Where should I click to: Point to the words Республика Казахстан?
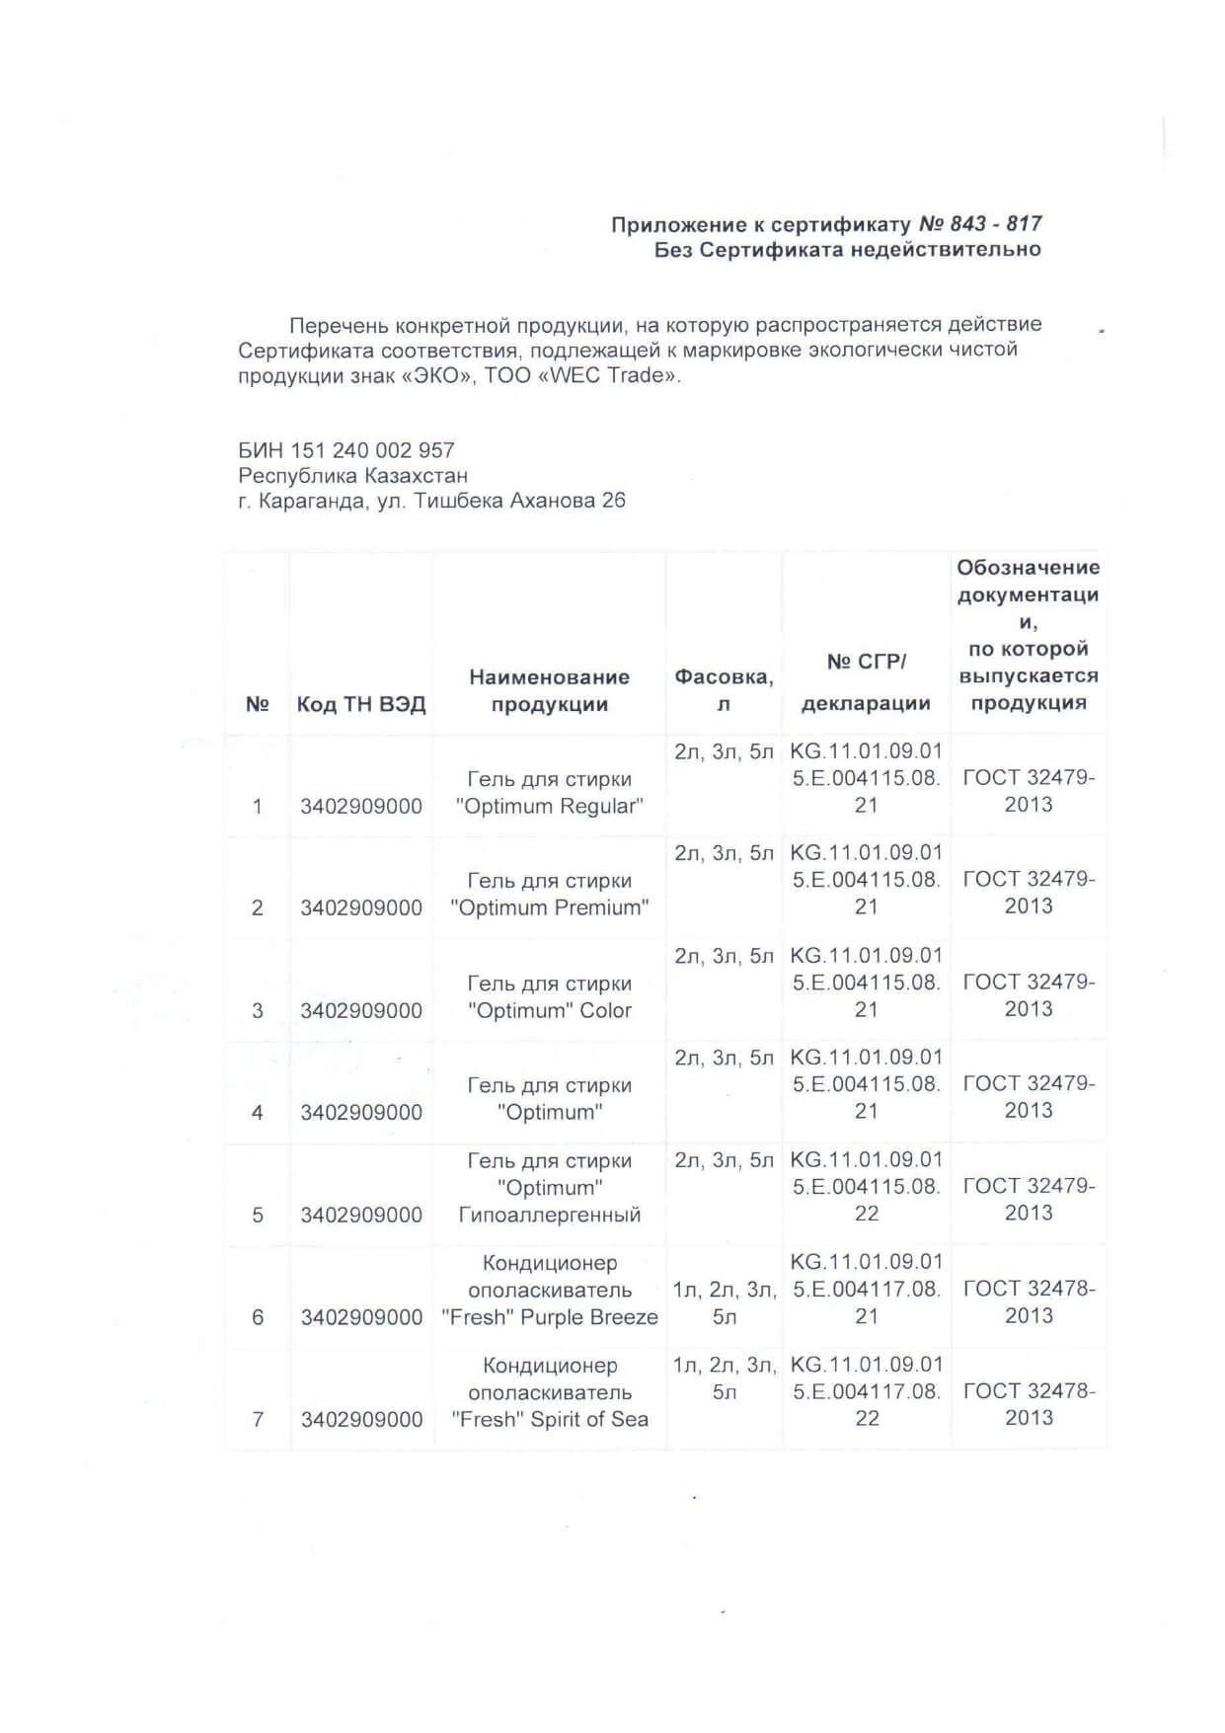coord(352,475)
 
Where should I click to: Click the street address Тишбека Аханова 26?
coord(519,501)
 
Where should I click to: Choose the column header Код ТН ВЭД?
coord(361,704)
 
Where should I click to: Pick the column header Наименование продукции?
coord(549,690)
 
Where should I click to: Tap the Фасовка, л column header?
coord(724,690)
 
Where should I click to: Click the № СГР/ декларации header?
coord(866,682)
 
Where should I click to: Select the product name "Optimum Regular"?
coord(549,806)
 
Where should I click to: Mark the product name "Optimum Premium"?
coord(549,907)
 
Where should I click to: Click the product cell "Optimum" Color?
coord(549,1010)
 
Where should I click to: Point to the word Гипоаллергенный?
coord(549,1215)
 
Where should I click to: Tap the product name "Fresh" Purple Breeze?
coord(549,1316)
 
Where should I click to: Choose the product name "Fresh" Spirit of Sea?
coord(549,1419)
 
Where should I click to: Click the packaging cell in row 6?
coord(724,1302)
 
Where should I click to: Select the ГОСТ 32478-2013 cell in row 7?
coord(1029,1403)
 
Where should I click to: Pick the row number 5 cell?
coord(258,1215)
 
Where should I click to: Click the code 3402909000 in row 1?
coord(361,806)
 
